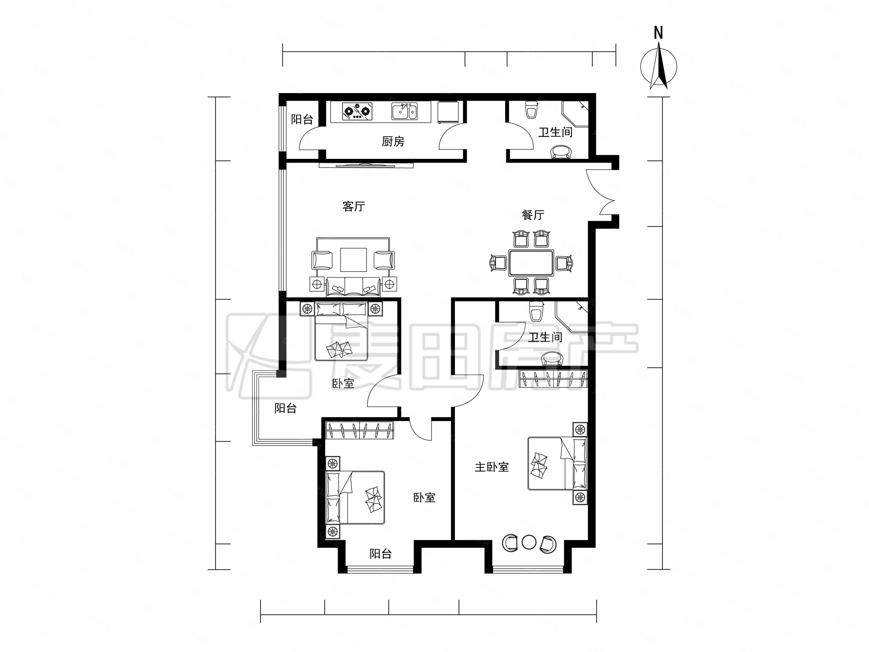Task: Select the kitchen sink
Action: click(404, 111)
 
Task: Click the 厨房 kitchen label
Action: click(393, 141)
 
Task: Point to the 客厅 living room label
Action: click(354, 206)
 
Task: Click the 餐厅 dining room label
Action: click(533, 215)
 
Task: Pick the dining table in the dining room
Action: click(531, 263)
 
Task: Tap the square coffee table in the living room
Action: click(354, 260)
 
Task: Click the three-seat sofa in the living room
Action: click(353, 287)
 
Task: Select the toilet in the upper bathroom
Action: click(531, 110)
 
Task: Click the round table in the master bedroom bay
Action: click(529, 542)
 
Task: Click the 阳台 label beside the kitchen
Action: click(302, 119)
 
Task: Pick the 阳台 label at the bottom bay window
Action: click(381, 554)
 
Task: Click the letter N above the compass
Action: click(658, 33)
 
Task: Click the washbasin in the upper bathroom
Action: click(561, 152)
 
